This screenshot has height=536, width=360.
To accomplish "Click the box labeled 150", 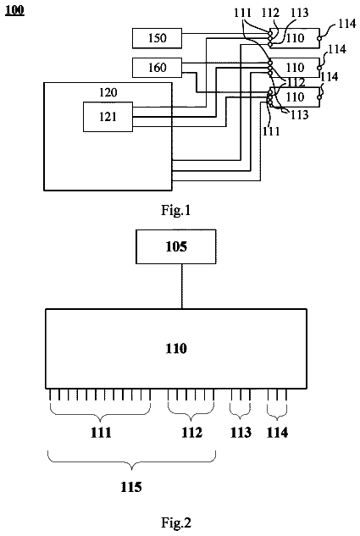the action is [157, 38].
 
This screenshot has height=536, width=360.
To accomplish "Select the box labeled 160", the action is [157, 68].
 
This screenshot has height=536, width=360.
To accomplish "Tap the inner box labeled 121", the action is [108, 117].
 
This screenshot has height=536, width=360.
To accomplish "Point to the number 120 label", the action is [108, 92].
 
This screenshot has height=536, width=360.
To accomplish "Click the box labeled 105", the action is [176, 246].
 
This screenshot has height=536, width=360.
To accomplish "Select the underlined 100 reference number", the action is [14, 10].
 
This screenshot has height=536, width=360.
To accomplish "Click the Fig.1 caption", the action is [175, 210].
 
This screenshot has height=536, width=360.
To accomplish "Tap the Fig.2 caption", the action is [176, 522].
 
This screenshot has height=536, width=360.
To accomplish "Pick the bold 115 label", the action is [131, 487].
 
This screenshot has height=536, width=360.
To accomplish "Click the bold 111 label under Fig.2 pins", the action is [101, 433].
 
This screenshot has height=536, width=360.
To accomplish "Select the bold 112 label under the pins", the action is [191, 433].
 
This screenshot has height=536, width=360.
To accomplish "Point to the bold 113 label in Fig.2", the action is [241, 433].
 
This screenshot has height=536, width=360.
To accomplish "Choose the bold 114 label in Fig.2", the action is [277, 433].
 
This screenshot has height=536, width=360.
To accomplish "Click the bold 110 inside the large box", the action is [176, 349].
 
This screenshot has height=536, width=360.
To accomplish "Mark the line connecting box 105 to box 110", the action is [182, 286].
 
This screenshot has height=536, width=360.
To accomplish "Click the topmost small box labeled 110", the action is [295, 38].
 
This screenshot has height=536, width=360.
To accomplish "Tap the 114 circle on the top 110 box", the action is [319, 39].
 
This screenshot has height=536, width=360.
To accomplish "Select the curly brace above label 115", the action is [131, 460].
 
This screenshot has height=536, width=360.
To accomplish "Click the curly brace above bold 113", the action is [241, 413].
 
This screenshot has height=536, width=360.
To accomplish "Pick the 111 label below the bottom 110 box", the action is [271, 131].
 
